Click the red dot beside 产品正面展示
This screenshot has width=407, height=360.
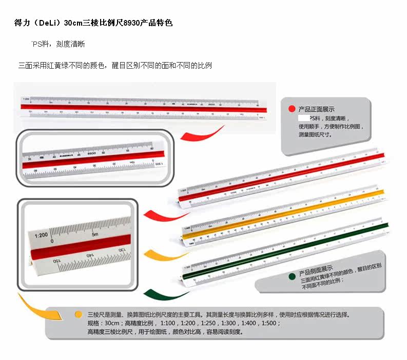pos(292,109)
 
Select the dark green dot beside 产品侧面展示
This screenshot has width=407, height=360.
pos(292,276)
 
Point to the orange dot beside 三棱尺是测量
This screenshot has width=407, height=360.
pos(78,314)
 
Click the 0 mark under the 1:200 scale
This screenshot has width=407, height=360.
pos(52,241)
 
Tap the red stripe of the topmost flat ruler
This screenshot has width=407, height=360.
pos(144,107)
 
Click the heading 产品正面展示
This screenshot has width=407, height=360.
pos(316,109)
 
